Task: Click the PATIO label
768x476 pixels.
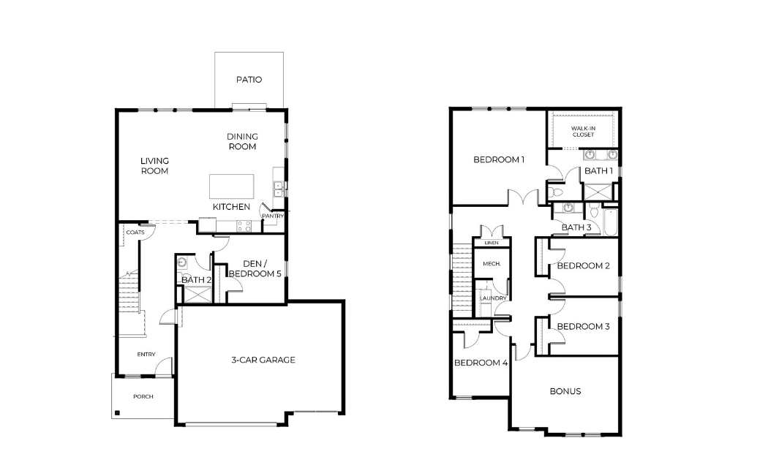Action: click(249, 79)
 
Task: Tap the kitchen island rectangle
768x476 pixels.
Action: click(232, 186)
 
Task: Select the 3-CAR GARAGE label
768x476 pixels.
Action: click(263, 360)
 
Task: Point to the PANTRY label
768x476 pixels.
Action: click(273, 216)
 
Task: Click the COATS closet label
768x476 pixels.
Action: click(135, 232)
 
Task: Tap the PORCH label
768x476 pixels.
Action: click(143, 396)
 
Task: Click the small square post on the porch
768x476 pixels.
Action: click(117, 413)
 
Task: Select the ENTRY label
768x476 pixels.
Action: click(146, 354)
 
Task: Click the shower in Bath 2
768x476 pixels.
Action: click(197, 294)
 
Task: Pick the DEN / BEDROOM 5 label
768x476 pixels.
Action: click(255, 269)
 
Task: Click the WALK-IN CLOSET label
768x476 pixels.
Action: click(583, 131)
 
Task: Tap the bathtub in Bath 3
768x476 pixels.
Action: click(611, 223)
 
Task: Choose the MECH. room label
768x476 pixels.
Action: click(492, 263)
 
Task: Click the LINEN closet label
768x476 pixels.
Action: click(492, 243)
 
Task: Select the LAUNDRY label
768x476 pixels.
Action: click(493, 298)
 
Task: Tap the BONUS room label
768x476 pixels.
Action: click(565, 391)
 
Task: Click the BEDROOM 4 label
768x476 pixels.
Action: click(481, 363)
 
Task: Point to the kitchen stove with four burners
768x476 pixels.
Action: click(244, 226)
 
